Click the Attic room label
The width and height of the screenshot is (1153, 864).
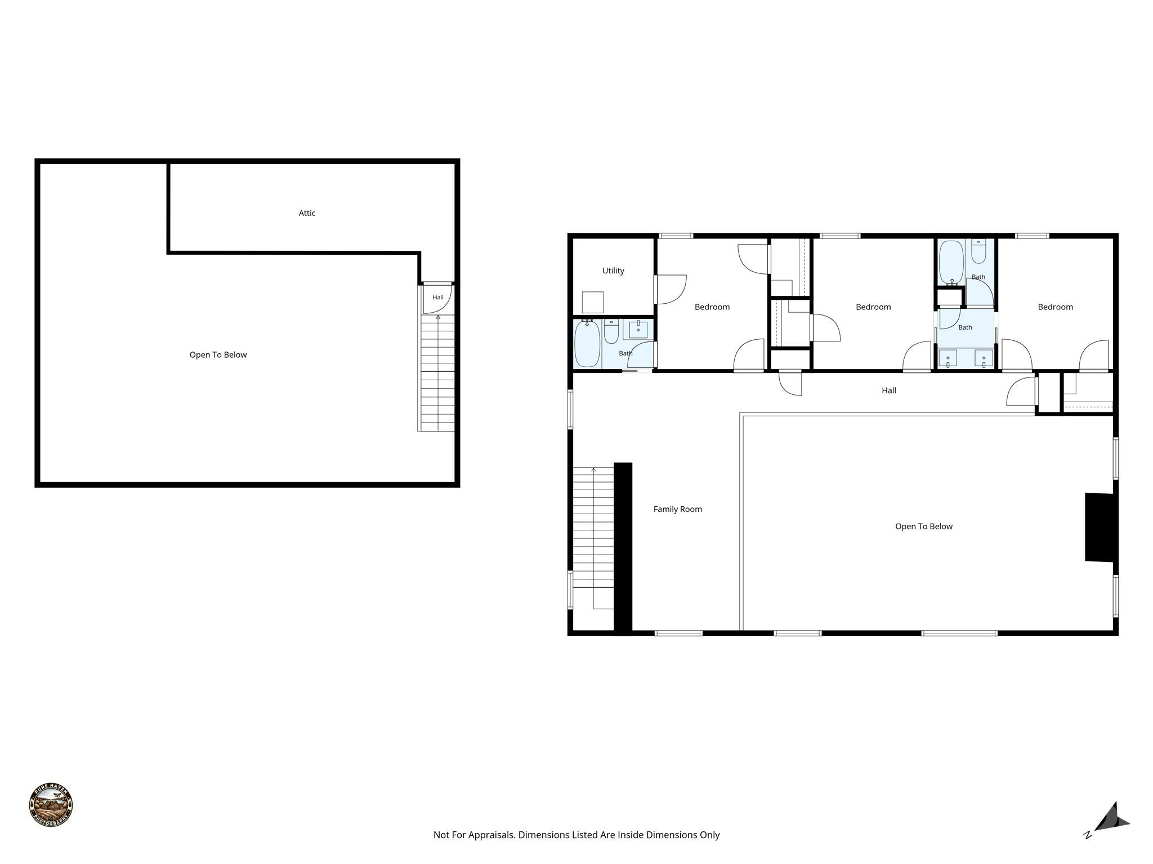[307, 213]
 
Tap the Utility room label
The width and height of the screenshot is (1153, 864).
[613, 271]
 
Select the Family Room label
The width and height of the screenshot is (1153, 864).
[678, 509]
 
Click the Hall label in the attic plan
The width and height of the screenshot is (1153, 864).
[438, 298]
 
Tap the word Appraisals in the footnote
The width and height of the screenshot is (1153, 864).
[491, 835]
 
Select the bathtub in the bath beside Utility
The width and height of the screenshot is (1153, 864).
[587, 343]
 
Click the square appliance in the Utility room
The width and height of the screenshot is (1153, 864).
[593, 303]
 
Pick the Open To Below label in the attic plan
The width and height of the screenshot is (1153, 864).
[218, 355]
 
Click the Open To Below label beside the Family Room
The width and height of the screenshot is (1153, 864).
[924, 526]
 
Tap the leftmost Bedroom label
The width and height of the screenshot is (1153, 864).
[712, 307]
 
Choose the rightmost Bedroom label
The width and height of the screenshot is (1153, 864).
[1056, 307]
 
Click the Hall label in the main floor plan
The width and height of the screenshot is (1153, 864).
[889, 390]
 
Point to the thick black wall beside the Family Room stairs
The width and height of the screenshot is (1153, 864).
[623, 548]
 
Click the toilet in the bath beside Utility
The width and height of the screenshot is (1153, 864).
[611, 331]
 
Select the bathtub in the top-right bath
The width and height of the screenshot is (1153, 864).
[951, 262]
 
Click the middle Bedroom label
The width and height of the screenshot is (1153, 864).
[873, 307]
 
